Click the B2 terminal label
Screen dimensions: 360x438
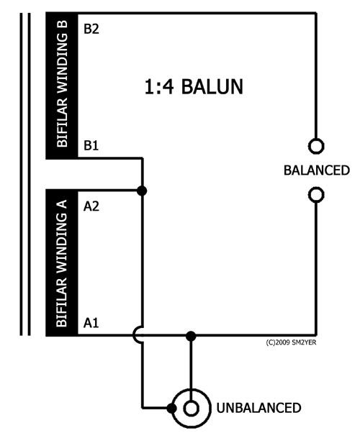tap(91, 29)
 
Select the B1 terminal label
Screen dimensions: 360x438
tap(91, 145)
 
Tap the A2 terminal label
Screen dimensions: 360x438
tap(91, 206)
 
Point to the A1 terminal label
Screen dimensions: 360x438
tap(91, 323)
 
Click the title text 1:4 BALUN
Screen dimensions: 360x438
tap(194, 86)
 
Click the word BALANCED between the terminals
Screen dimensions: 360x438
tap(317, 170)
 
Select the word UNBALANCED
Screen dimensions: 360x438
tap(258, 408)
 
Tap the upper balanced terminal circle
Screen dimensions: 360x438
tap(316, 146)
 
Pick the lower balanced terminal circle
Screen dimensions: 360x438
tap(316, 195)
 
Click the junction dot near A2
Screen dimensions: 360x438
tap(142, 191)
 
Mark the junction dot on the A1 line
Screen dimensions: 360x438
tap(191, 336)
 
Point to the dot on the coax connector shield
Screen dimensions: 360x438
tap(172, 409)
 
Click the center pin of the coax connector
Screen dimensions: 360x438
tap(191, 409)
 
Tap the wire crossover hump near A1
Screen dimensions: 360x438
tap(133, 334)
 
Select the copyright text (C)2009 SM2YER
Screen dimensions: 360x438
tap(291, 342)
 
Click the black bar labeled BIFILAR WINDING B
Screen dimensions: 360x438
tap(62, 86)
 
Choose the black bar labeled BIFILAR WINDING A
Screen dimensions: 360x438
tap(62, 263)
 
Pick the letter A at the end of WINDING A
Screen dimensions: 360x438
tap(62, 204)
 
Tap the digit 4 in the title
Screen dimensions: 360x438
tap(168, 86)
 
